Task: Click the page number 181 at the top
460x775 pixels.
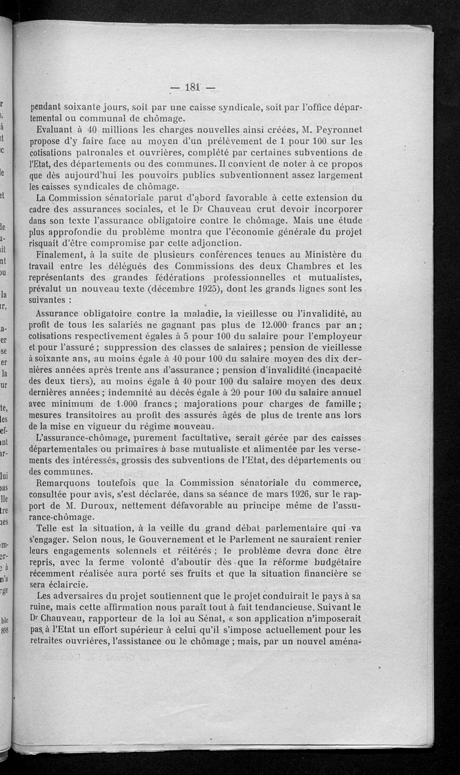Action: pos(191,88)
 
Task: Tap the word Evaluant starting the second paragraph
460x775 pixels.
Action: pos(56,130)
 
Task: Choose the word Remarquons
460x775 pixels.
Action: pos(67,483)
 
